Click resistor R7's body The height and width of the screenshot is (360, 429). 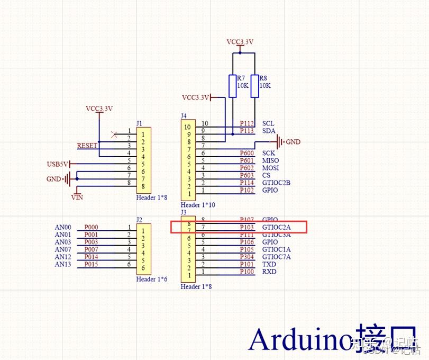pos(232,86)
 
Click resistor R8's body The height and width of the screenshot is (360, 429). pos(255,86)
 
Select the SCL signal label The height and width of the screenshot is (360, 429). pos(268,123)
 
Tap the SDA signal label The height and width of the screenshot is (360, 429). pos(269,131)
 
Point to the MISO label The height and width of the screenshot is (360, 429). pos(270,160)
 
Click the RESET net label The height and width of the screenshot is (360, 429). pos(87,145)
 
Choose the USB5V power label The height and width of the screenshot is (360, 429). pos(57,164)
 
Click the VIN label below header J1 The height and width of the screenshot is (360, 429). pos(77,197)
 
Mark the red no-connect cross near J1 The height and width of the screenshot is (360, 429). pos(114,134)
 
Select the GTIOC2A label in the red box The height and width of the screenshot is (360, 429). pos(276,227)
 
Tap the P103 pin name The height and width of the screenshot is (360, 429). pos(247,227)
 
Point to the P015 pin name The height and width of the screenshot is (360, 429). pos(92,264)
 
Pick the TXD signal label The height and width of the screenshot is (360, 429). pos(269,264)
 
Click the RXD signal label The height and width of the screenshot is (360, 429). pos(269,272)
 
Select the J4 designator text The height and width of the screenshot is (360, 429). pos(184,115)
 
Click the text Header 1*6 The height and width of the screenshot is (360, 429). pos(151,279)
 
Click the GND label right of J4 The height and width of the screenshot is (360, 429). pos(293,142)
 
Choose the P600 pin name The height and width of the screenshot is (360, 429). pos(247,153)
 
